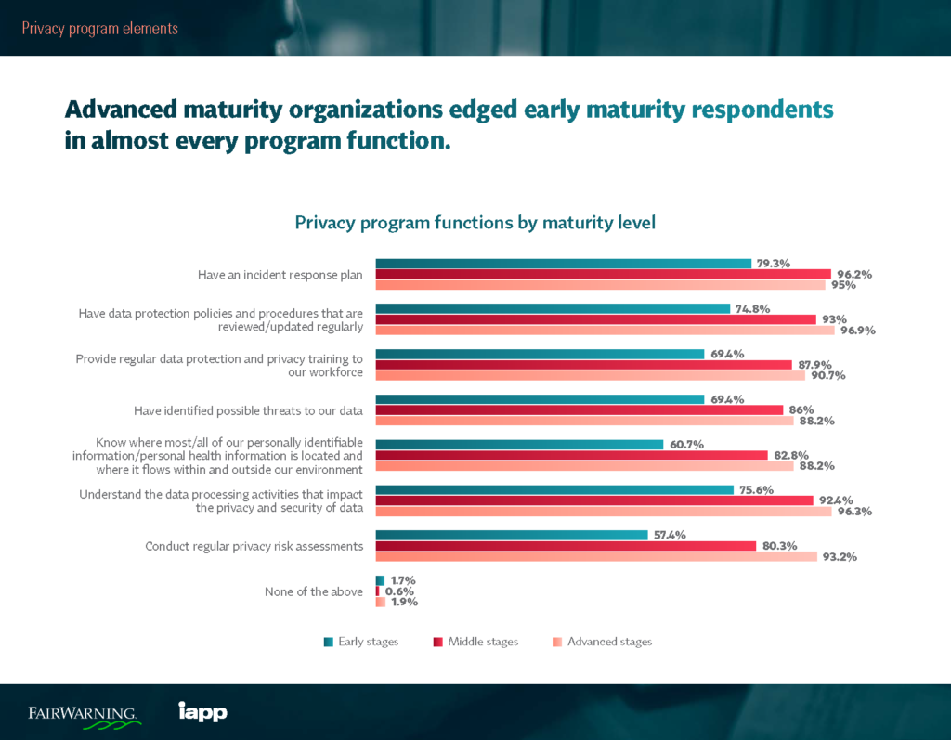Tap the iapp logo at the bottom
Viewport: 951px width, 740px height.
(202, 712)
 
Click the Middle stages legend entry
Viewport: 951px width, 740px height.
(475, 642)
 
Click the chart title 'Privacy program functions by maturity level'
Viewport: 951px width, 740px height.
(475, 223)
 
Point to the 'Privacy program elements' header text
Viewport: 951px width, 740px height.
(99, 28)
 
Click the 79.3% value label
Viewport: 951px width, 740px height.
(773, 264)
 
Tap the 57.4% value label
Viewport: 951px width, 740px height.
(669, 535)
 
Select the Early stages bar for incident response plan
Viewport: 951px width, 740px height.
(563, 264)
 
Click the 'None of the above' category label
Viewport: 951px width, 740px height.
(314, 591)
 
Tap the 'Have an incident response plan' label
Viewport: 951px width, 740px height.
(280, 275)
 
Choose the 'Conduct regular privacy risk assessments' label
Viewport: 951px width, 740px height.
(254, 546)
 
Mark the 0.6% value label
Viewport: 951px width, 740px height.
(399, 591)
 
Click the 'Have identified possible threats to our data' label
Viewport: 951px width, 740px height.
(249, 410)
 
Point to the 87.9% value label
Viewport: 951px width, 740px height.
(814, 364)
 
